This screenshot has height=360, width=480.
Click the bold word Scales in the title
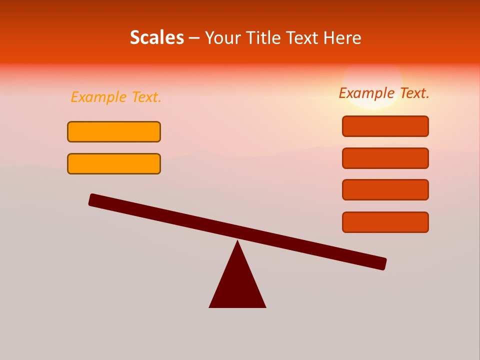point(156,37)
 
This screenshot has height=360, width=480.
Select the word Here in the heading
point(342,37)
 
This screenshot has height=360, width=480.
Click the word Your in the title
point(223,37)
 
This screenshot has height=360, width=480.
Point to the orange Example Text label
point(116,97)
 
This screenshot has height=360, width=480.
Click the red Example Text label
point(384,93)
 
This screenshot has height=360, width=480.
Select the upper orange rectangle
point(114,131)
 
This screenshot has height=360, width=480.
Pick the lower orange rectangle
point(114,163)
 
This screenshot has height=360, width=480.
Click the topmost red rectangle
point(385,126)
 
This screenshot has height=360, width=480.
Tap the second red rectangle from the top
point(385,158)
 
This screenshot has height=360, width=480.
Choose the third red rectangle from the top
point(385,189)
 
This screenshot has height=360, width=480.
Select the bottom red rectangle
point(385,222)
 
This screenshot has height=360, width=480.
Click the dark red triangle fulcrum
point(237,285)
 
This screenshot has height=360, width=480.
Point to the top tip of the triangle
point(237,242)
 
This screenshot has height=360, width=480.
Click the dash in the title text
point(194,38)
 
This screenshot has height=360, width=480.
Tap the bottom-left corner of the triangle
point(210,306)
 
